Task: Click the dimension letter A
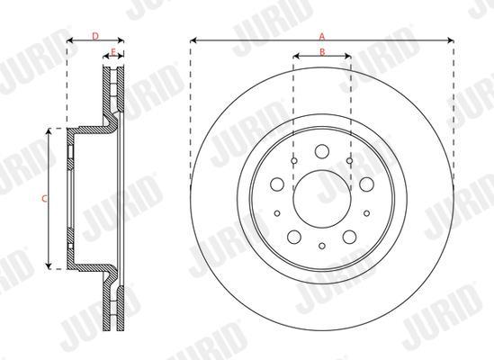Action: tap(321, 36)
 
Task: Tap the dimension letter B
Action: tap(322, 52)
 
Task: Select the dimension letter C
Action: tap(44, 199)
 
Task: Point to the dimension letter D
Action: tap(95, 36)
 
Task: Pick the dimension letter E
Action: tap(113, 51)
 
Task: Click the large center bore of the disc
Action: tap(322, 199)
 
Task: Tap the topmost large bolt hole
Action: tap(322, 151)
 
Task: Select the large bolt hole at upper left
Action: tap(277, 184)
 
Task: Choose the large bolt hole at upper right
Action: tap(367, 184)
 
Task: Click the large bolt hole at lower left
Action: tap(294, 237)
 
